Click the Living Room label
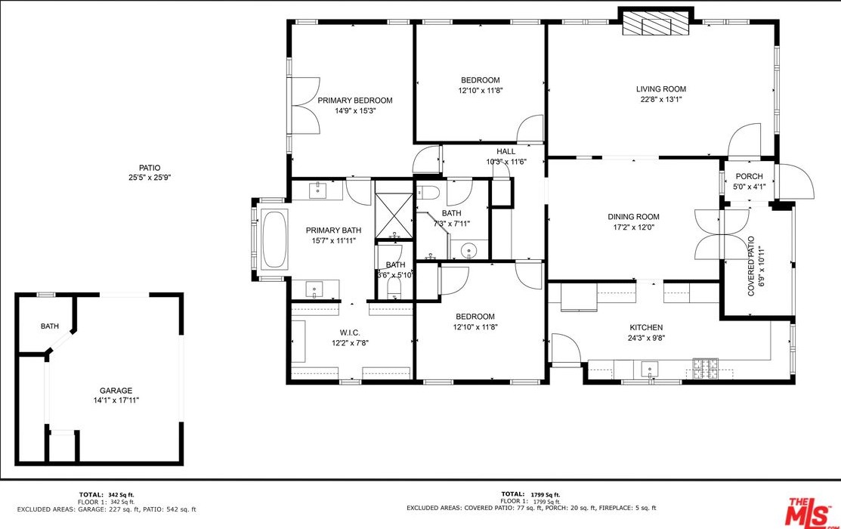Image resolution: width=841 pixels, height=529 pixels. pos(660,89)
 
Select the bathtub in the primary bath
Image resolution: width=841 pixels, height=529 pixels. pos(274,239)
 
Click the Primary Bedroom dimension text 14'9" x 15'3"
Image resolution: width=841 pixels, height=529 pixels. pos(354,111)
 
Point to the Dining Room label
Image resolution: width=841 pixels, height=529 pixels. pos(633,217)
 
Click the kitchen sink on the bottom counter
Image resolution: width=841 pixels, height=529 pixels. pos(650,370)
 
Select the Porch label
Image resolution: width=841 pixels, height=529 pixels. pos(750,177)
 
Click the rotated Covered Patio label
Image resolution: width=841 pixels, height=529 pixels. pos(751,266)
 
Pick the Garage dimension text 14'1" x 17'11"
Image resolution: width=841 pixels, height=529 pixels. pos(116,401)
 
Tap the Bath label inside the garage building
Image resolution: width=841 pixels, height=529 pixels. pos(50,326)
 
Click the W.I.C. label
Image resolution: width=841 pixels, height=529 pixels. pos(350,333)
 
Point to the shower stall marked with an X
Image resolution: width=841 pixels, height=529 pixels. pos(394,215)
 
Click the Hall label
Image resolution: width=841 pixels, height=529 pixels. pos(506,152)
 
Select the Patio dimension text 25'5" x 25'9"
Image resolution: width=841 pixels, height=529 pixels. pos(149,178)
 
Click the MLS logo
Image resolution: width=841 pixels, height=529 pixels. pos(809,512)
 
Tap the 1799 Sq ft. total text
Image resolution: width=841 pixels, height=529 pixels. pos(546,495)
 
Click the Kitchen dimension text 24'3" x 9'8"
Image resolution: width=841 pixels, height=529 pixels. pos(646,338)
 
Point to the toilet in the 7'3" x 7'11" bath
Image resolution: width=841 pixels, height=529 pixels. pos(428,191)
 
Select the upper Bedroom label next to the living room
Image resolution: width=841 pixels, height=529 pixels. pos(481,80)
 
